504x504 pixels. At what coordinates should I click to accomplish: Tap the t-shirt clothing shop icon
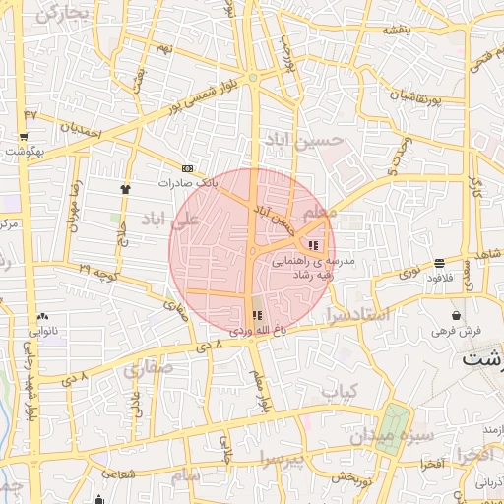tap(125, 188)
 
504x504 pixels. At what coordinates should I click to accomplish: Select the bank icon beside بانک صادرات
tap(188, 168)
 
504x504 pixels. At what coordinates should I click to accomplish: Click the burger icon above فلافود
tap(438, 263)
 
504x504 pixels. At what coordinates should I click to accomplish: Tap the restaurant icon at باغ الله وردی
tap(258, 316)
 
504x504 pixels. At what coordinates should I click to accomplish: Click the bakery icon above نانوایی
tap(41, 316)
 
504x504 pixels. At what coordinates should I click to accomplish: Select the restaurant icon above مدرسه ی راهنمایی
tap(313, 245)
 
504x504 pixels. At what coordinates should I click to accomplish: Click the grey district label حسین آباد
tap(307, 143)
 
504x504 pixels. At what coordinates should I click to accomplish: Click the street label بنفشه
tap(397, 30)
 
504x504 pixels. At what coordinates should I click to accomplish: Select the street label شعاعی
tap(115, 473)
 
